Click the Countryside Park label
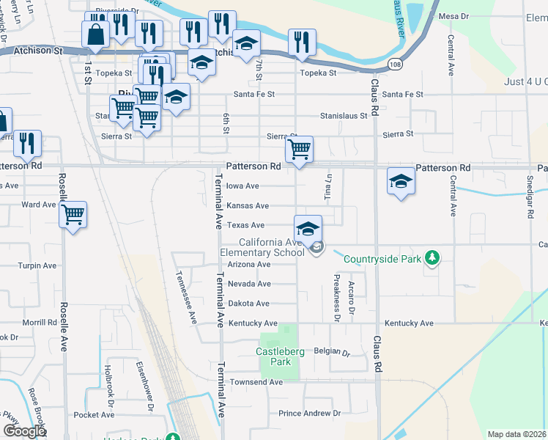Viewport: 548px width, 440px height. click(382, 259)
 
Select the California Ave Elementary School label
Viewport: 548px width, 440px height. click(272, 248)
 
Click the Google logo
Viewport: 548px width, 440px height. click(24, 431)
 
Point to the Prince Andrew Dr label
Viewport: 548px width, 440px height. click(309, 414)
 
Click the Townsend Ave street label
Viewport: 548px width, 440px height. click(256, 382)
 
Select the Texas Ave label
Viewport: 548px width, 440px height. click(245, 225)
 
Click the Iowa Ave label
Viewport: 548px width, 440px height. click(242, 186)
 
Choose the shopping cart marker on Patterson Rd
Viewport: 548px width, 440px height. click(299, 150)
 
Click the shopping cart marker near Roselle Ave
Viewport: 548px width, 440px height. click(73, 215)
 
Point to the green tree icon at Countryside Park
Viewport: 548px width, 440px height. click(433, 257)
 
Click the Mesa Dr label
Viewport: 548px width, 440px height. click(453, 15)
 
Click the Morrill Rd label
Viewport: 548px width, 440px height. click(40, 322)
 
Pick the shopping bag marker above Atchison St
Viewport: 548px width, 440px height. click(95, 33)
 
